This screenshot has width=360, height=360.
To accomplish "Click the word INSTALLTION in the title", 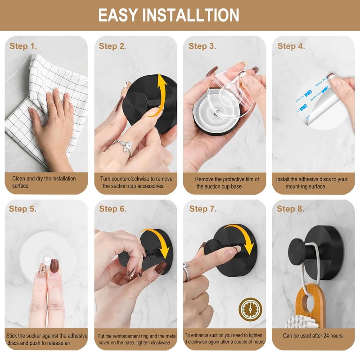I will (191, 15).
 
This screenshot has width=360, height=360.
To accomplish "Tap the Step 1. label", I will (23, 46).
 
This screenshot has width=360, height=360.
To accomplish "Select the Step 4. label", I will (291, 46).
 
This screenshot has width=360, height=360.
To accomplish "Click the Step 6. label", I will (113, 209).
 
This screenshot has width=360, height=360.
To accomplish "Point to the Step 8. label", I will (291, 209).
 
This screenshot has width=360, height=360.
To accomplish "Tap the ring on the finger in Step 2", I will (124, 146).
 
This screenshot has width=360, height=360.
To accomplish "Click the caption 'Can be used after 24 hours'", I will (312, 336).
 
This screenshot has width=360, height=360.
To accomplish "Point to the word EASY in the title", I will (118, 15).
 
